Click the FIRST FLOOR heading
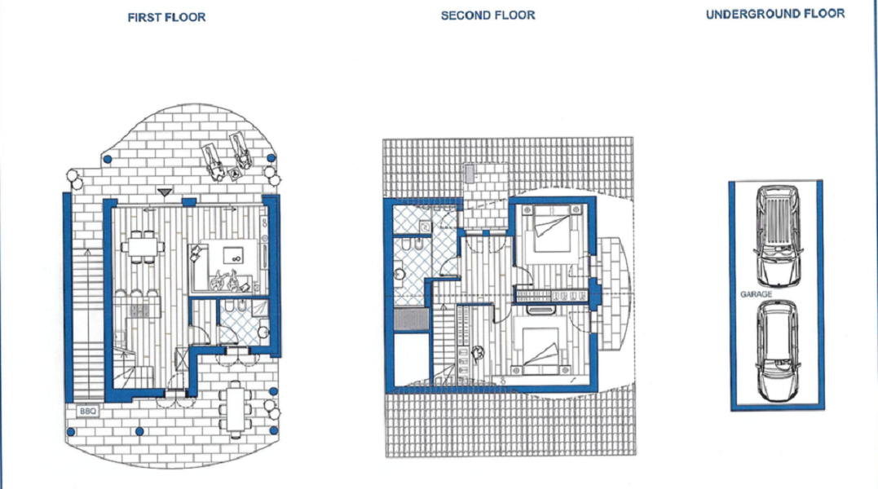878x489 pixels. click(x=166, y=17)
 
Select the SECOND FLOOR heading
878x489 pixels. click(x=488, y=15)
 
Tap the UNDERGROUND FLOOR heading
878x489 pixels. click(x=775, y=14)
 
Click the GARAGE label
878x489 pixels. click(x=756, y=294)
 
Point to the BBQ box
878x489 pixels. click(x=87, y=412)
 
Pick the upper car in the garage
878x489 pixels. click(x=777, y=236)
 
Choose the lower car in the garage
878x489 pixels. click(x=777, y=350)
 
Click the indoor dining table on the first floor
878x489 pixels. click(x=143, y=247)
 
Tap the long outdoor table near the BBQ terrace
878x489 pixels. click(x=236, y=409)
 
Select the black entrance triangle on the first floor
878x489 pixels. click(x=165, y=192)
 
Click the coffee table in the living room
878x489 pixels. click(x=233, y=256)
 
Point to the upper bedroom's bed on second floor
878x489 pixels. click(x=552, y=229)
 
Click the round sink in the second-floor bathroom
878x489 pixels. click(x=399, y=275)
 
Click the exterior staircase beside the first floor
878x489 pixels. click(x=89, y=324)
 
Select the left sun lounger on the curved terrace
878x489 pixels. click(x=214, y=161)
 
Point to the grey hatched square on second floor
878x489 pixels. click(x=411, y=319)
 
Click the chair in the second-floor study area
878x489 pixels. click(x=478, y=353)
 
